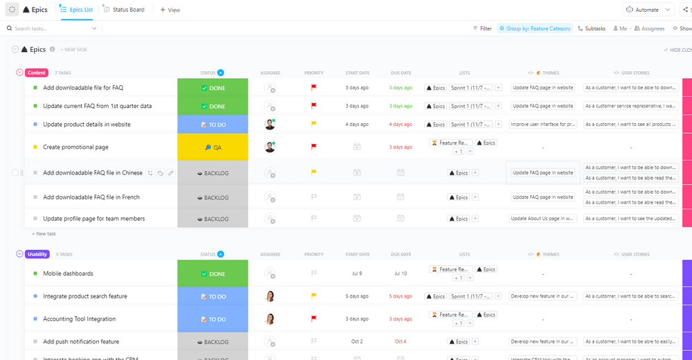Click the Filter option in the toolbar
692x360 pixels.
482,28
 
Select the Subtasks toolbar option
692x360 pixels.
591,28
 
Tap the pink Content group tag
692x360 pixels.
37,73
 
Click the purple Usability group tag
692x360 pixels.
37,254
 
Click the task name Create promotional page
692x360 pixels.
75,147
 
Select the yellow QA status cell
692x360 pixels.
212,147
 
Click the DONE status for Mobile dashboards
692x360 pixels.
212,274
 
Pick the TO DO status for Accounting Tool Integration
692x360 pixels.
212,319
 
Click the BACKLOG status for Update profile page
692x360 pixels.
212,219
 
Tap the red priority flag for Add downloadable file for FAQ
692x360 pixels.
313,88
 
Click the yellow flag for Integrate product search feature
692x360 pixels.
313,296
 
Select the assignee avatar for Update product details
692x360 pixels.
270,125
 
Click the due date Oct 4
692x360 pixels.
400,341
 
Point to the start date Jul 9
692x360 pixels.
356,273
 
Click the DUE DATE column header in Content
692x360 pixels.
400,73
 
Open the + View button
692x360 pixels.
170,10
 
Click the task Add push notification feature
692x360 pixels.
81,341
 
